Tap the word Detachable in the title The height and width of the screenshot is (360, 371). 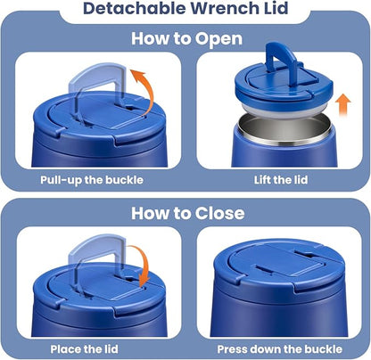tap(135, 8)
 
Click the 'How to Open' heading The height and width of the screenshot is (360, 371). tap(186, 39)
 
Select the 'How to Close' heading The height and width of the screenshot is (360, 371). tap(188, 213)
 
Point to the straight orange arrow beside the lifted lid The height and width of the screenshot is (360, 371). tap(342, 105)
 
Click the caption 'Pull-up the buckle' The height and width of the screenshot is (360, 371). tap(92, 180)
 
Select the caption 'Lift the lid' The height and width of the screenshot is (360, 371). tap(281, 180)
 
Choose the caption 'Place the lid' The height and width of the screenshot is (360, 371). tap(84, 349)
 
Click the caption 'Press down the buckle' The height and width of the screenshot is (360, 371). tap(280, 349)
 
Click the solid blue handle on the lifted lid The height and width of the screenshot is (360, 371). tap(281, 61)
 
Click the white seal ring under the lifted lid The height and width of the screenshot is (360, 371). tap(284, 108)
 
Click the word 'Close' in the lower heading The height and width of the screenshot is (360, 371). tap(220, 213)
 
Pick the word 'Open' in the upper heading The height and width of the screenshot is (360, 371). tap(218, 39)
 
